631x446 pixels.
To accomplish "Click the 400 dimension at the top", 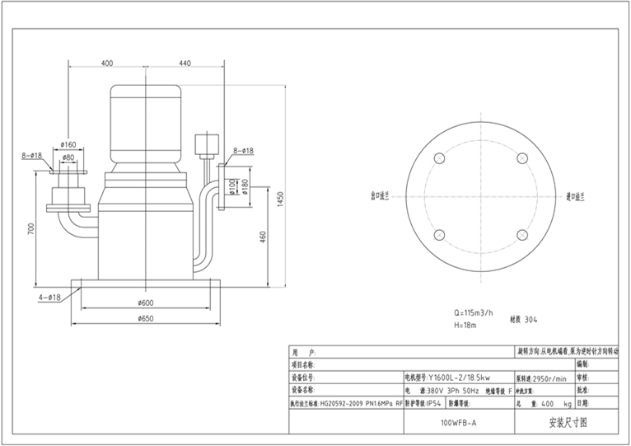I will click(x=107, y=63).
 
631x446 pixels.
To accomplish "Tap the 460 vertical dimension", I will click(x=263, y=237).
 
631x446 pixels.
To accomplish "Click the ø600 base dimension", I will click(x=145, y=303).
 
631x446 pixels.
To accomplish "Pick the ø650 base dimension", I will click(x=145, y=318).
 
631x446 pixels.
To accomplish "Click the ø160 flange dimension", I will click(x=69, y=145).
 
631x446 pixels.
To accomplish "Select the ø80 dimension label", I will click(x=69, y=157).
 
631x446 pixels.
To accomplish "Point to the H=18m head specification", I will click(x=466, y=326).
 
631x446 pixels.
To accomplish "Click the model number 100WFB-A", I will click(x=458, y=422).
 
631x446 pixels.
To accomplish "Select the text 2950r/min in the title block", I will click(x=550, y=378).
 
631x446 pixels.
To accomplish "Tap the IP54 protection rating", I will click(x=435, y=404).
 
